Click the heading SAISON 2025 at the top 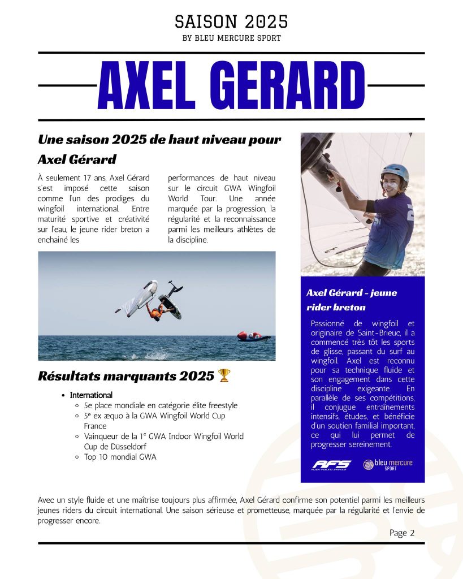pyautogui.click(x=231, y=21)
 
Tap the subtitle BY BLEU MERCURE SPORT pyautogui.click(x=231, y=38)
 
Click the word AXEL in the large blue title pyautogui.click(x=150, y=85)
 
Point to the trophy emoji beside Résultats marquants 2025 pyautogui.click(x=224, y=375)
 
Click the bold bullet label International pyautogui.click(x=91, y=395)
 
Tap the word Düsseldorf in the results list pyautogui.click(x=127, y=447)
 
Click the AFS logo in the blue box pyautogui.click(x=331, y=465)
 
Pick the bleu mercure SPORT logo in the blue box pyautogui.click(x=388, y=465)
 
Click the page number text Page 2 pyautogui.click(x=402, y=533)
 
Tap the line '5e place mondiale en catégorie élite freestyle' pyautogui.click(x=161, y=405)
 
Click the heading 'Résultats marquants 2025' pyautogui.click(x=126, y=375)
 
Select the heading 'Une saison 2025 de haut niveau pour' pyautogui.click(x=159, y=140)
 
